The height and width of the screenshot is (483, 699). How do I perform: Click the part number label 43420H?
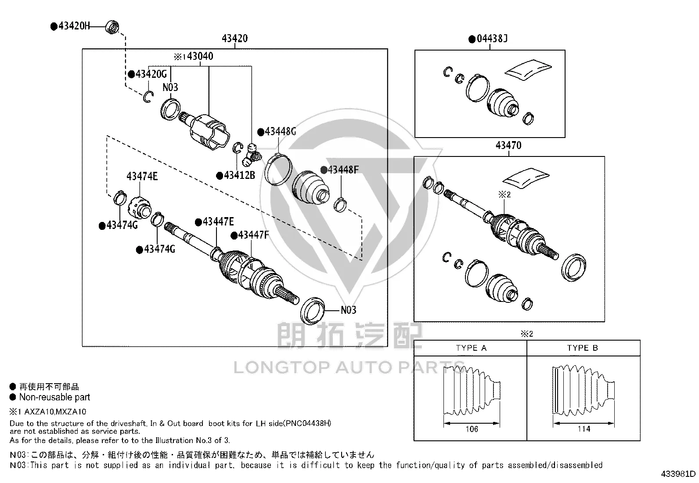[x=74, y=25]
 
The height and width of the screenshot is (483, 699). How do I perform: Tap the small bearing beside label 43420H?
[x=112, y=26]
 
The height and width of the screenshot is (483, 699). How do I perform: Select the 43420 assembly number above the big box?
[x=234, y=38]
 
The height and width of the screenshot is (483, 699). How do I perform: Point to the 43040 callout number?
[x=200, y=56]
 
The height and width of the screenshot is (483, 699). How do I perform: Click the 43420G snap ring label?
[x=151, y=74]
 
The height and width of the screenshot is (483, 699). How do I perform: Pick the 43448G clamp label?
[x=280, y=131]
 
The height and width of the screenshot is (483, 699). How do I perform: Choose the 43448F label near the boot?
[x=343, y=170]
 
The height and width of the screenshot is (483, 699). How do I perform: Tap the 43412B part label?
[x=239, y=175]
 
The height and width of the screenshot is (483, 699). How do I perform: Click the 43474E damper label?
[x=142, y=177]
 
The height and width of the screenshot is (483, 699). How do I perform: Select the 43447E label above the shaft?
[x=218, y=222]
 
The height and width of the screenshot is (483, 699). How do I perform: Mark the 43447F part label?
[x=253, y=235]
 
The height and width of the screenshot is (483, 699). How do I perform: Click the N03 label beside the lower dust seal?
[x=348, y=310]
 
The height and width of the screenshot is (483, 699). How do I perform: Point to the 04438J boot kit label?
[x=492, y=39]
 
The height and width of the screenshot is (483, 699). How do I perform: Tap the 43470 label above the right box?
[x=508, y=145]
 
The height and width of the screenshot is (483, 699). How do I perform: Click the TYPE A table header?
[x=471, y=348]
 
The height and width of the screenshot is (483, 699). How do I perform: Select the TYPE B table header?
[x=582, y=348]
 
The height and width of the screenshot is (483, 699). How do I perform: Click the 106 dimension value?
[x=472, y=429]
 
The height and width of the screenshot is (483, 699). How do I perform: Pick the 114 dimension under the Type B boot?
[x=584, y=429]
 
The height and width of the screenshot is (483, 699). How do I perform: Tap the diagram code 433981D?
[x=678, y=474]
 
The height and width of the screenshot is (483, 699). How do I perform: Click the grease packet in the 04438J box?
[x=528, y=70]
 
